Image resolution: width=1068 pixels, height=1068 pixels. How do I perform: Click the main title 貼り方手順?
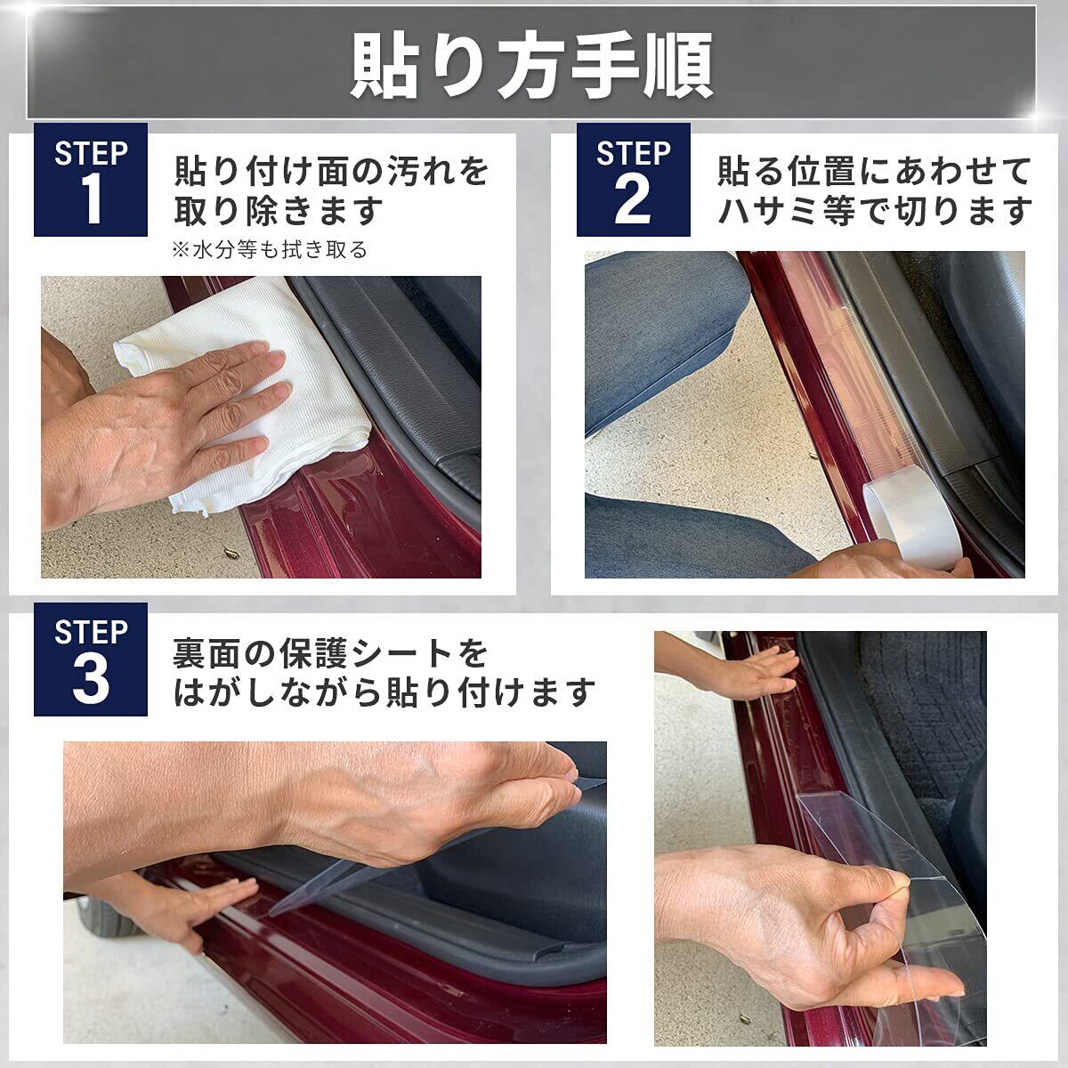click(x=531, y=67)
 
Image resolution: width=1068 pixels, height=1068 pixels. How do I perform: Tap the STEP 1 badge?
click(x=91, y=180)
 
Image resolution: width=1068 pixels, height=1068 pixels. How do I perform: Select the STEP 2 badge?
click(x=633, y=180)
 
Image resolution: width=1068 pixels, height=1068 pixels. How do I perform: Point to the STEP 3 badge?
click(x=91, y=659)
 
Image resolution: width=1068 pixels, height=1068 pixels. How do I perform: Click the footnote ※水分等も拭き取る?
click(x=270, y=250)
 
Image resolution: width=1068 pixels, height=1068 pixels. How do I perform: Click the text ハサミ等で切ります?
click(x=875, y=211)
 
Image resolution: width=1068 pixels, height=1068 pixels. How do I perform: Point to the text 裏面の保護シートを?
click(x=330, y=653)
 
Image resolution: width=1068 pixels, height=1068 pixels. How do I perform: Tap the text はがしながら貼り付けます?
click(x=384, y=692)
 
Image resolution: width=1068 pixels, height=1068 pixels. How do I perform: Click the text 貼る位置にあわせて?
click(x=874, y=171)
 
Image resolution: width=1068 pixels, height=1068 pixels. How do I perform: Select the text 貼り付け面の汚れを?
click(x=331, y=171)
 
